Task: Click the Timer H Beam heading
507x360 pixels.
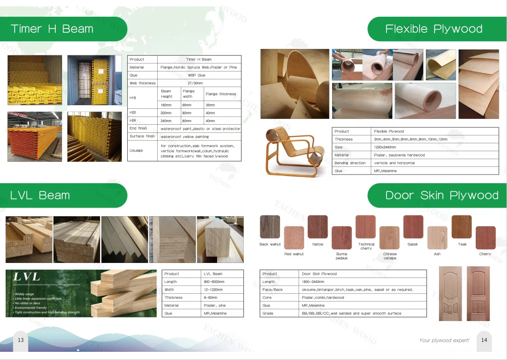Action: tap(52, 29)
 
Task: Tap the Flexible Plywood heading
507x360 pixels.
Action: tap(434, 29)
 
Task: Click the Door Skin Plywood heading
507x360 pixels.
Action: tap(442, 195)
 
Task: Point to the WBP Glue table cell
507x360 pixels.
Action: tap(197, 75)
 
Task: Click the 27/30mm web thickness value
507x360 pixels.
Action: tap(195, 83)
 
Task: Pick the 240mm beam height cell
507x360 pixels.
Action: tap(166, 121)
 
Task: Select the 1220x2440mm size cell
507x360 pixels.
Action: tap(385, 147)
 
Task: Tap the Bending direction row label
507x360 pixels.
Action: tap(350, 163)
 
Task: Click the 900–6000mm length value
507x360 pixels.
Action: tap(214, 282)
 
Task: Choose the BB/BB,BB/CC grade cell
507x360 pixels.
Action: tap(352, 313)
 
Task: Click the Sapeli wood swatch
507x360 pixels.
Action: tap(413, 227)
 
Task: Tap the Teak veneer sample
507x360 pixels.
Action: tap(461, 227)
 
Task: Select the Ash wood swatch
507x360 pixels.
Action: tap(437, 238)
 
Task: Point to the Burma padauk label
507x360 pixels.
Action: tap(342, 256)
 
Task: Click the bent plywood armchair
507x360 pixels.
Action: tap(294, 152)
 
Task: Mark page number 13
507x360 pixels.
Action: tap(21, 340)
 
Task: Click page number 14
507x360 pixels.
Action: tap(484, 340)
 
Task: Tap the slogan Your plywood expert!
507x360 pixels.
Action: tap(444, 340)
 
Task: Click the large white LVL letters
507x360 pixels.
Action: tap(27, 277)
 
